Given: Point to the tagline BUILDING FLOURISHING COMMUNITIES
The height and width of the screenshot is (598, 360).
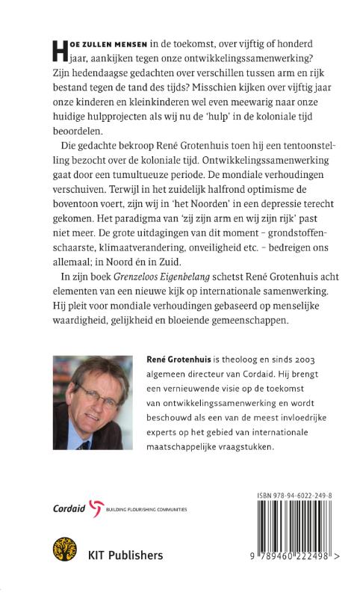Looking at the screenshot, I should pos(149,509).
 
